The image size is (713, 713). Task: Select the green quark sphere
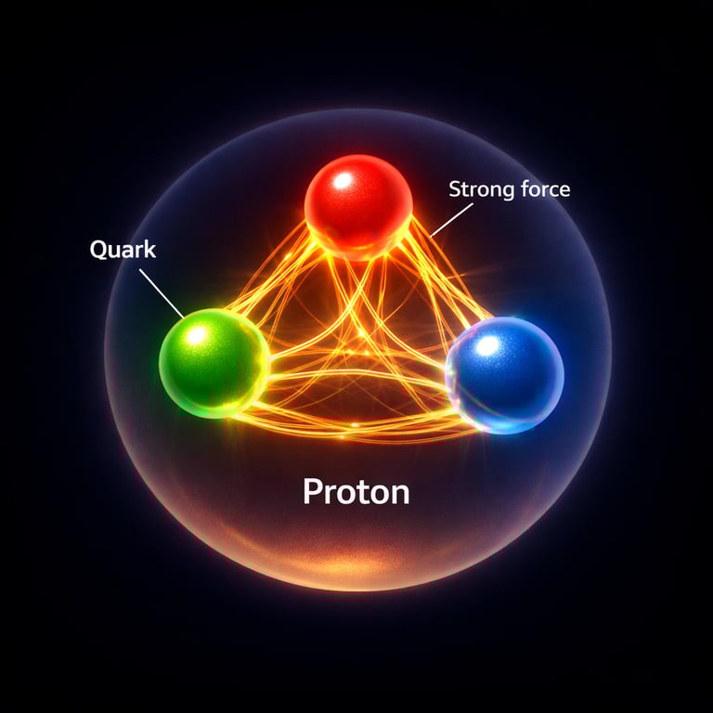(x=214, y=363)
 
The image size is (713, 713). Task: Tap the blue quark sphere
(x=506, y=374)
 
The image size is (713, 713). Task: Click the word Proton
(x=356, y=491)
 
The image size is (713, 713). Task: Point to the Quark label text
(x=123, y=250)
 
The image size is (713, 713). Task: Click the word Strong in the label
(x=479, y=190)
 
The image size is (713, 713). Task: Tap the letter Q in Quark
(x=99, y=250)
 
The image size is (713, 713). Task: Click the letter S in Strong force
(x=455, y=190)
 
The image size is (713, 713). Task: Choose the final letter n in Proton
(x=399, y=493)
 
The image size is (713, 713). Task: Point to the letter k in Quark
(x=151, y=250)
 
